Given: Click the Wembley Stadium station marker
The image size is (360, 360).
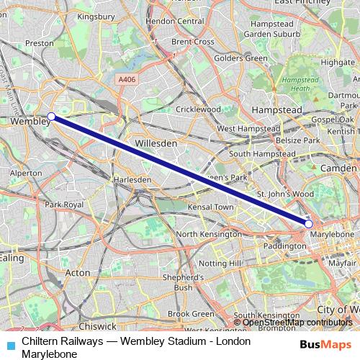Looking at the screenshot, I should pyautogui.click(x=51, y=116).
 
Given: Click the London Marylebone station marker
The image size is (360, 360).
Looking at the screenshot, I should pyautogui.click(x=309, y=224).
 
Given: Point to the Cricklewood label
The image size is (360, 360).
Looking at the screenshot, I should pyautogui.click(x=198, y=109).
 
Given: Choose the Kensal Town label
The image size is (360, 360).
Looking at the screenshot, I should pyautogui.click(x=210, y=207).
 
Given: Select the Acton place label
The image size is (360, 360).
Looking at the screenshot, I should pyautogui.click(x=78, y=273).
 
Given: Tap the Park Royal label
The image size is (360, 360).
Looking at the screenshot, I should pyautogui.click(x=64, y=204).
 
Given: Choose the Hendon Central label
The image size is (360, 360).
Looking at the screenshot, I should pyautogui.click(x=175, y=22).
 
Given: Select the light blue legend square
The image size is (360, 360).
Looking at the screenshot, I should pyautogui.click(x=9, y=344).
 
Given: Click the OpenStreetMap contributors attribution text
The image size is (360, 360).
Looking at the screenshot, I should pyautogui.click(x=296, y=322).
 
